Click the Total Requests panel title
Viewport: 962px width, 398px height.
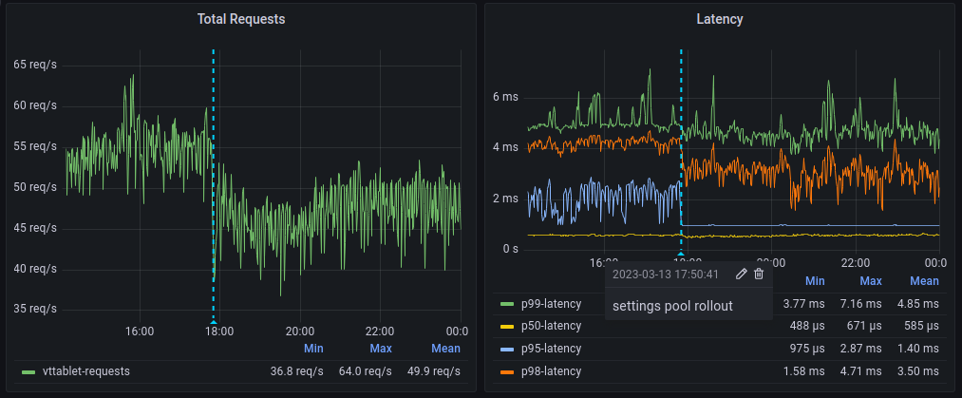coord(240,18)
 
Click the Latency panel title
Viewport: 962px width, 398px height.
coord(719,18)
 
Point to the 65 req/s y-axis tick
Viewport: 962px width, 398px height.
coord(35,65)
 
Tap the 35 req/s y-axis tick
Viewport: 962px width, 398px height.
coord(35,309)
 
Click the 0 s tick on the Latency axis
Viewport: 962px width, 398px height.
coord(510,249)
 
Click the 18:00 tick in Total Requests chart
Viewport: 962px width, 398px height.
coord(220,331)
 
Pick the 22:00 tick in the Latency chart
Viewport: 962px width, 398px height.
coord(856,262)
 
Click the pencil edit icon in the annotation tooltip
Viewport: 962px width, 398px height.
coord(742,274)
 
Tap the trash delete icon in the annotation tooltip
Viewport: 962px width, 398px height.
coord(759,274)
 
